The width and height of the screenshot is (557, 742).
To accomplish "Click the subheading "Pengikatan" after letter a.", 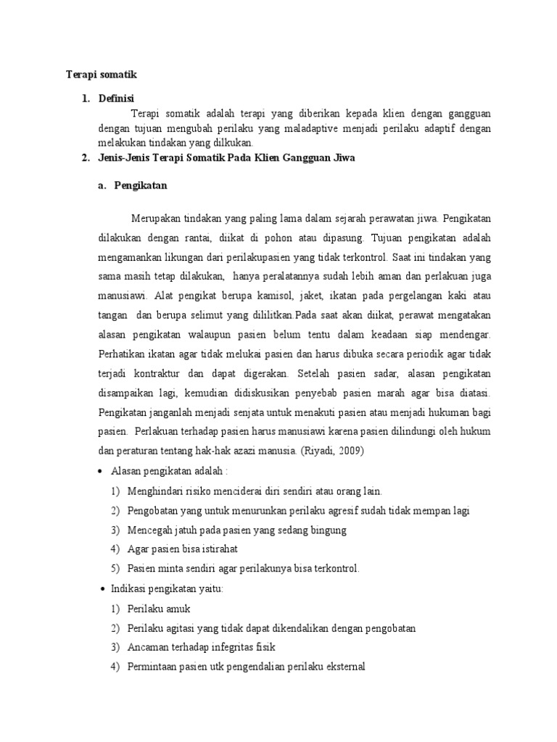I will coord(141,185).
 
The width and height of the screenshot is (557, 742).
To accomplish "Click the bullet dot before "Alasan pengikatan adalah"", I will coord(101,471).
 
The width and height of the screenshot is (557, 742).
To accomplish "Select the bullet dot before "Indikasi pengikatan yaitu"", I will coord(101,589).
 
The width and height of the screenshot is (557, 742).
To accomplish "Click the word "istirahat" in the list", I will coord(217,549).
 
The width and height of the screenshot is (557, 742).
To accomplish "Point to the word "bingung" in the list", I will coord(327,530).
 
